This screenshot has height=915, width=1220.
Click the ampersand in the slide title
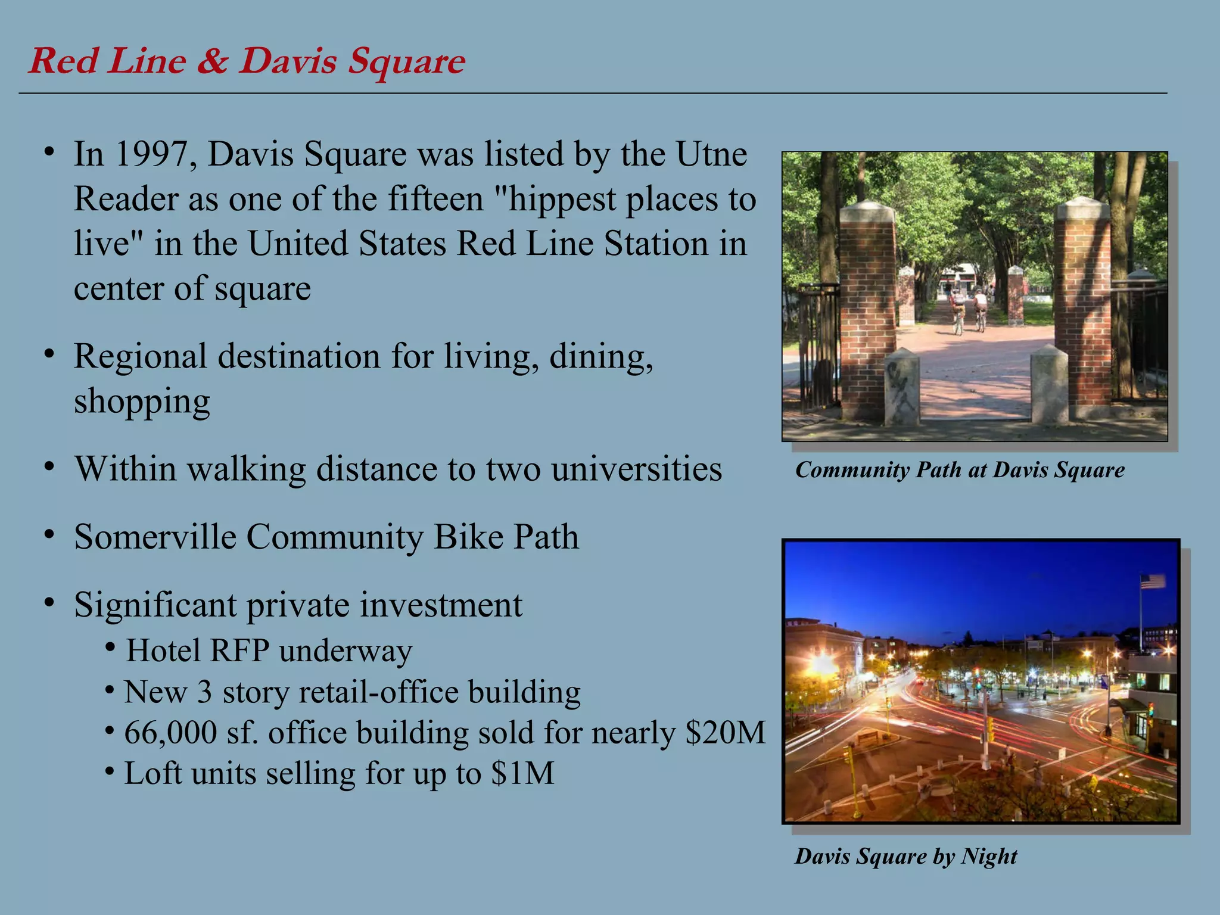pos(211,61)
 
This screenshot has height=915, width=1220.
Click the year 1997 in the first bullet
pos(155,154)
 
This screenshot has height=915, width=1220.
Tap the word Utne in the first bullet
pos(711,154)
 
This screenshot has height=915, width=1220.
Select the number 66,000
pos(170,733)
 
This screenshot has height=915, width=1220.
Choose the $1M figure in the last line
pos(523,774)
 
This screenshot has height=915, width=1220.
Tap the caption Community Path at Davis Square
pos(960,470)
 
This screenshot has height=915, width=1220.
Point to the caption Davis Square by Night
pos(905,857)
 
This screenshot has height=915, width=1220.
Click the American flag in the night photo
pos(1153,581)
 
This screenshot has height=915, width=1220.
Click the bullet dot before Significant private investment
pos(50,603)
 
